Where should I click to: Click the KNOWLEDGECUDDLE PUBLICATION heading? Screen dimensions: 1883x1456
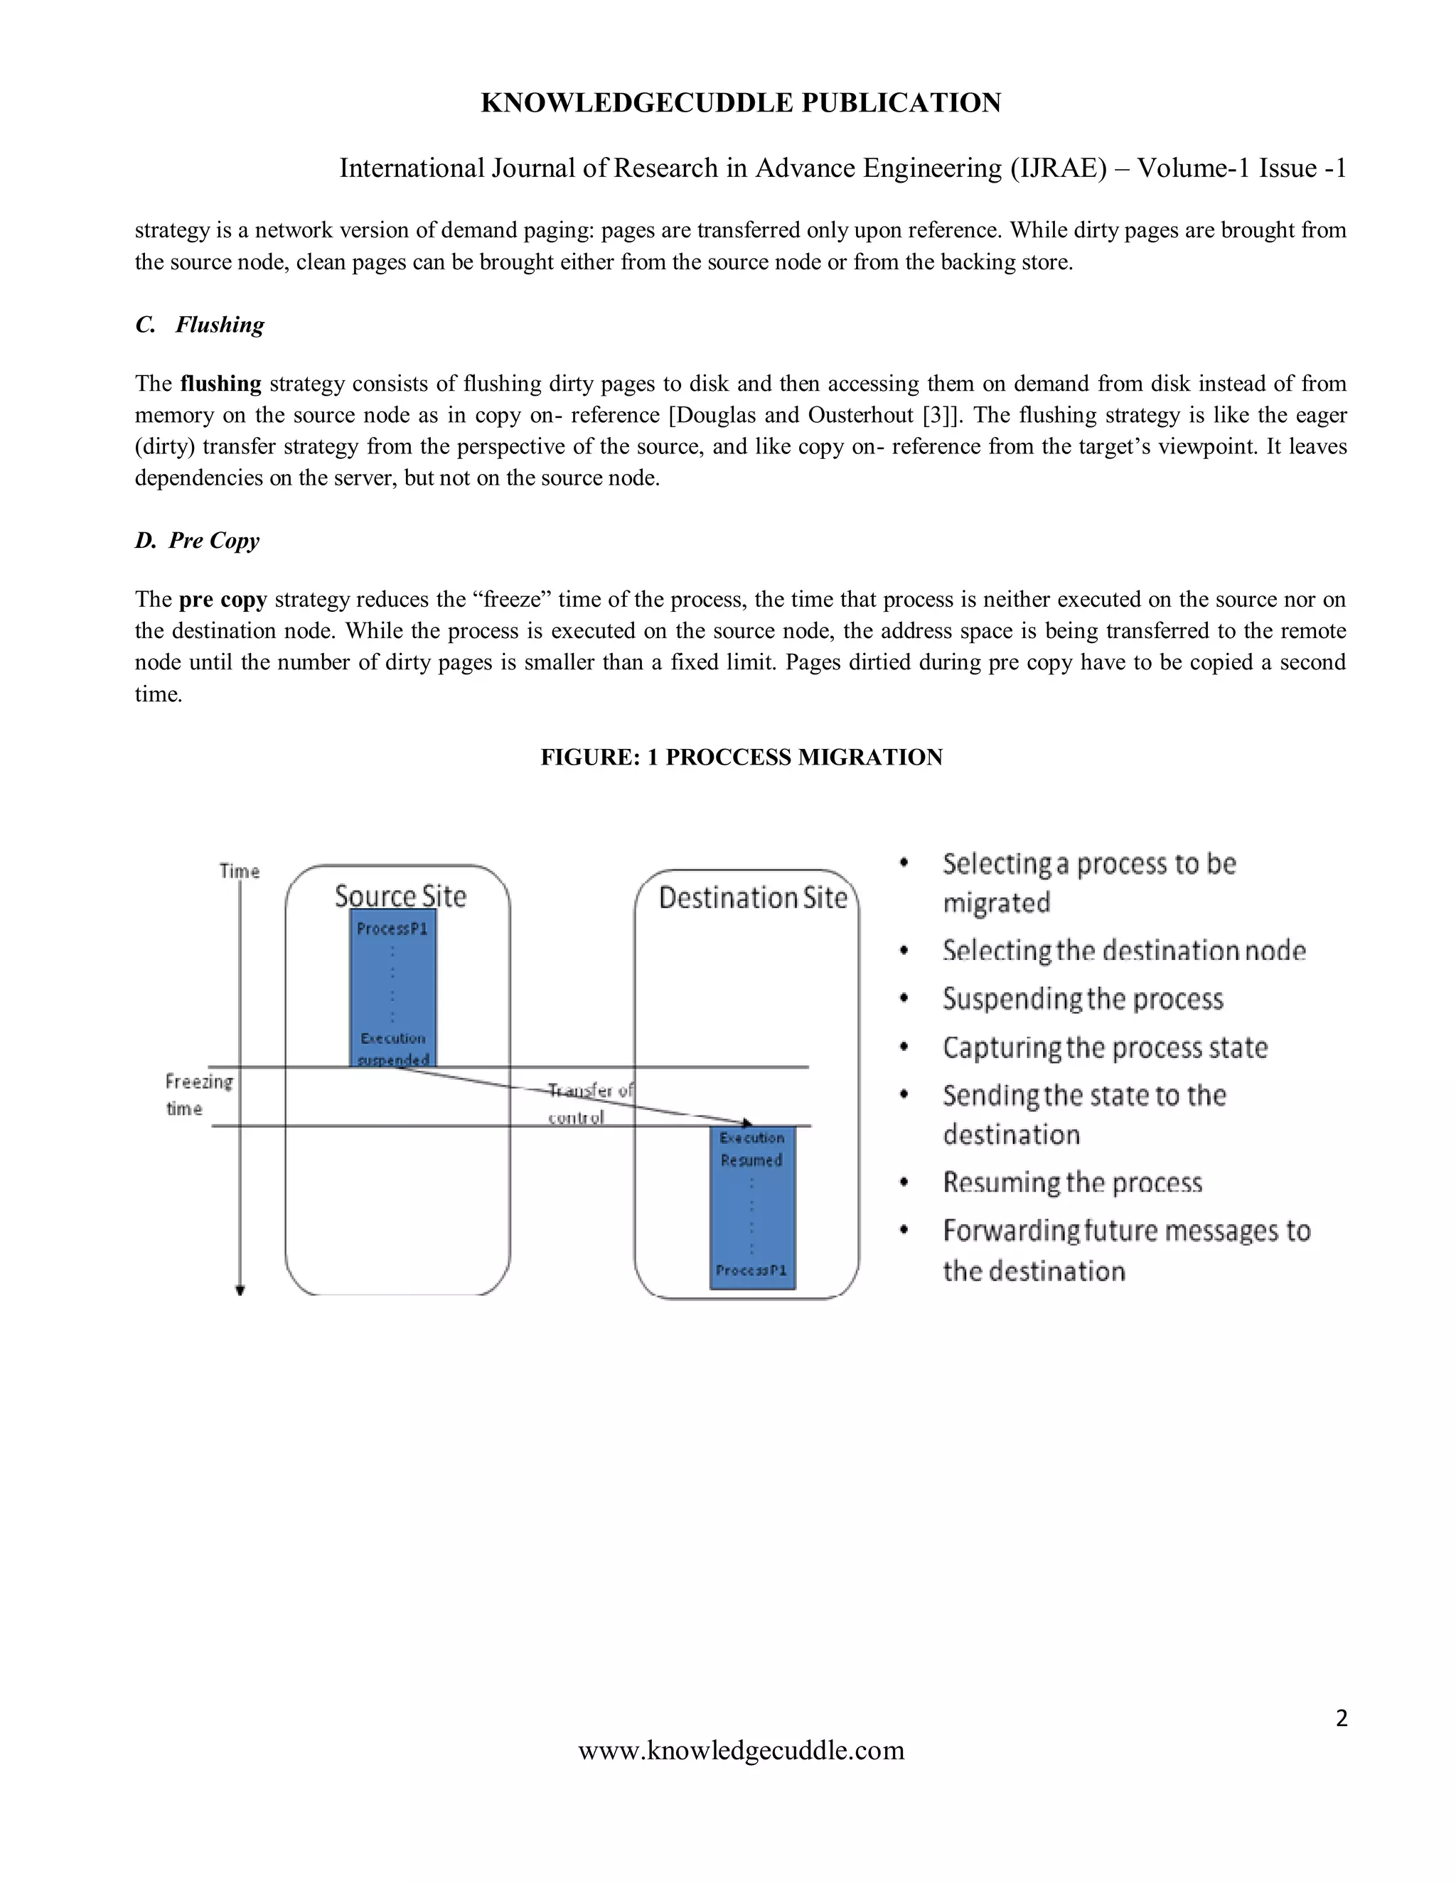pyautogui.click(x=740, y=102)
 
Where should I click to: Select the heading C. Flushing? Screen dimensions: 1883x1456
pyautogui.click(x=200, y=325)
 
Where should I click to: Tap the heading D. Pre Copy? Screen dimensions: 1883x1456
pyautogui.click(x=197, y=541)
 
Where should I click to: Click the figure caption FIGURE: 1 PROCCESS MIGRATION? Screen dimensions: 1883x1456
pyautogui.click(x=741, y=757)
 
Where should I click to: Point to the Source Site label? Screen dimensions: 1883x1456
pyautogui.click(x=400, y=897)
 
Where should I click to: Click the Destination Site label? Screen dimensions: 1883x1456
pyautogui.click(x=752, y=898)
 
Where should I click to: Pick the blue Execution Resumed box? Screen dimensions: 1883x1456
pyautogui.click(x=752, y=1207)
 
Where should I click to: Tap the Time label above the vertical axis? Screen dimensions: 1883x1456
pyautogui.click(x=239, y=871)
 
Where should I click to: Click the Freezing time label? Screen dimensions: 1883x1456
pyautogui.click(x=198, y=1095)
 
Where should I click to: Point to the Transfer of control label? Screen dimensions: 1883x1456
pyautogui.click(x=589, y=1103)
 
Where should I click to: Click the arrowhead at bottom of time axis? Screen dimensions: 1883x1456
pyautogui.click(x=241, y=1290)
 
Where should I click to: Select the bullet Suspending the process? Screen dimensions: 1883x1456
pyautogui.click(x=1083, y=999)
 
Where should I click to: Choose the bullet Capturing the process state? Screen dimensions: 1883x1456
pyautogui.click(x=1104, y=1047)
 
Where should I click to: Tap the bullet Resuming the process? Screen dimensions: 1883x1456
pyautogui.click(x=1071, y=1183)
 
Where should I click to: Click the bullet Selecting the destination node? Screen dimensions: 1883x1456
pyautogui.click(x=1123, y=951)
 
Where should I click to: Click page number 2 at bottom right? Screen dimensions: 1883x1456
pyautogui.click(x=1340, y=1719)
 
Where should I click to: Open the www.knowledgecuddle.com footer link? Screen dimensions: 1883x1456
pyautogui.click(x=741, y=1751)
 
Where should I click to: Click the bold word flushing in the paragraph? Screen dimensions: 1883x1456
pyautogui.click(x=221, y=384)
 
